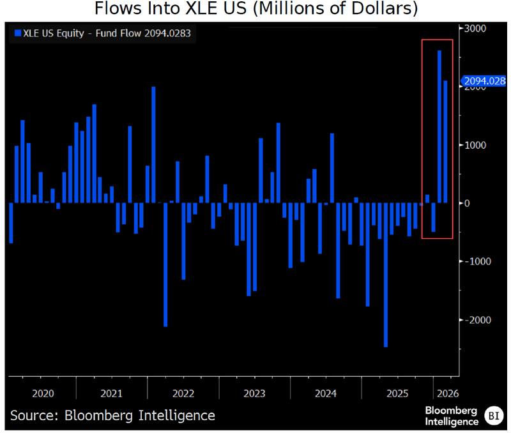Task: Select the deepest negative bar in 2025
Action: pyautogui.click(x=386, y=275)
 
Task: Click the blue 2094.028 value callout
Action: pyautogui.click(x=484, y=81)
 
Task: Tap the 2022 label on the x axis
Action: pyautogui.click(x=183, y=393)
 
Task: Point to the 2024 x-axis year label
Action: pyautogui.click(x=326, y=393)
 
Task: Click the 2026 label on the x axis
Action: pyautogui.click(x=445, y=393)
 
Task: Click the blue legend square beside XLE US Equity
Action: pyautogui.click(x=17, y=33)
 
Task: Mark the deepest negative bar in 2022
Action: pyautogui.click(x=165, y=264)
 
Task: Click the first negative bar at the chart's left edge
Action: pyautogui.click(x=11, y=223)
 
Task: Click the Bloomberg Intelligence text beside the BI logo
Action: pyautogui.click(x=452, y=415)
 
